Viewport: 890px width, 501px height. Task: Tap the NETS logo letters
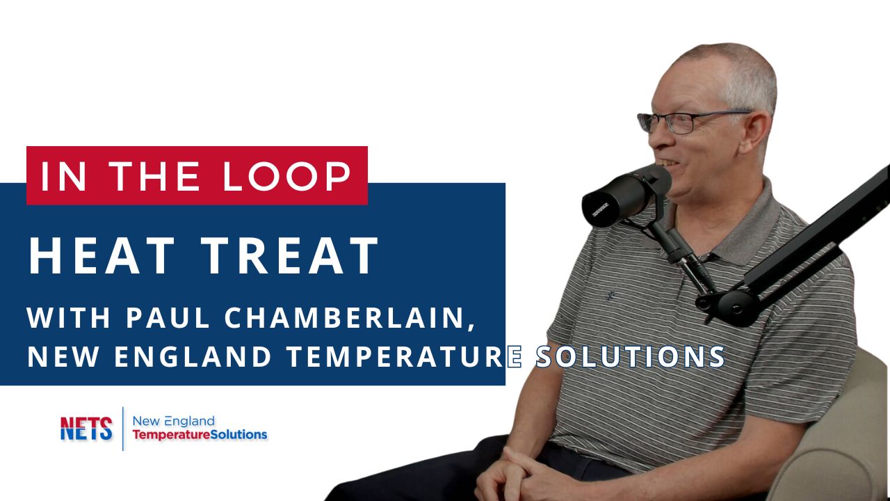[x=86, y=429]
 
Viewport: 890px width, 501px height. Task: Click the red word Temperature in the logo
[x=165, y=435]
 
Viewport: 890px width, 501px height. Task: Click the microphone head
[x=622, y=195]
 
